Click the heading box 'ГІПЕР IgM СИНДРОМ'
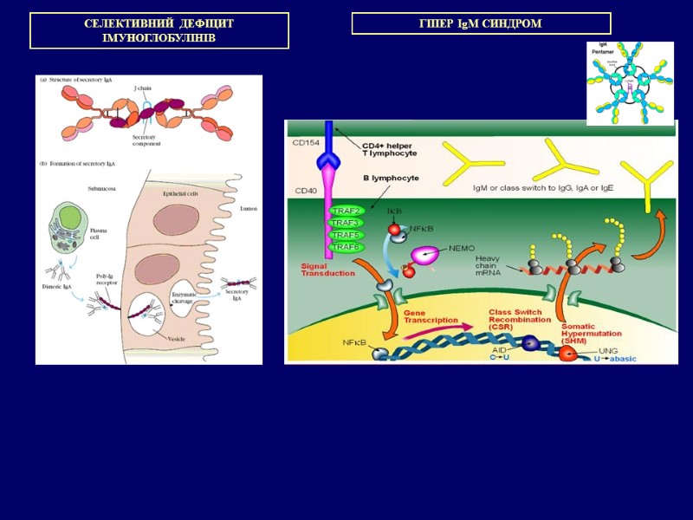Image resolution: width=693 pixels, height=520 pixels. coord(481,23)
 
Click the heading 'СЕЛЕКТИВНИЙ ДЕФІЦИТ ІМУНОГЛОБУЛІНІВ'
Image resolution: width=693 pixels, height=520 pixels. coord(159,31)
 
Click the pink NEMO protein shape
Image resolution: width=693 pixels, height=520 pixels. coord(425,255)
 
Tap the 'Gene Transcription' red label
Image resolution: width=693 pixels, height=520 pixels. coord(431,317)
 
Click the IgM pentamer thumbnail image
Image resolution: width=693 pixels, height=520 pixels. coord(629,83)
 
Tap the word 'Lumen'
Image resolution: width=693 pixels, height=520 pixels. coord(247,208)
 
